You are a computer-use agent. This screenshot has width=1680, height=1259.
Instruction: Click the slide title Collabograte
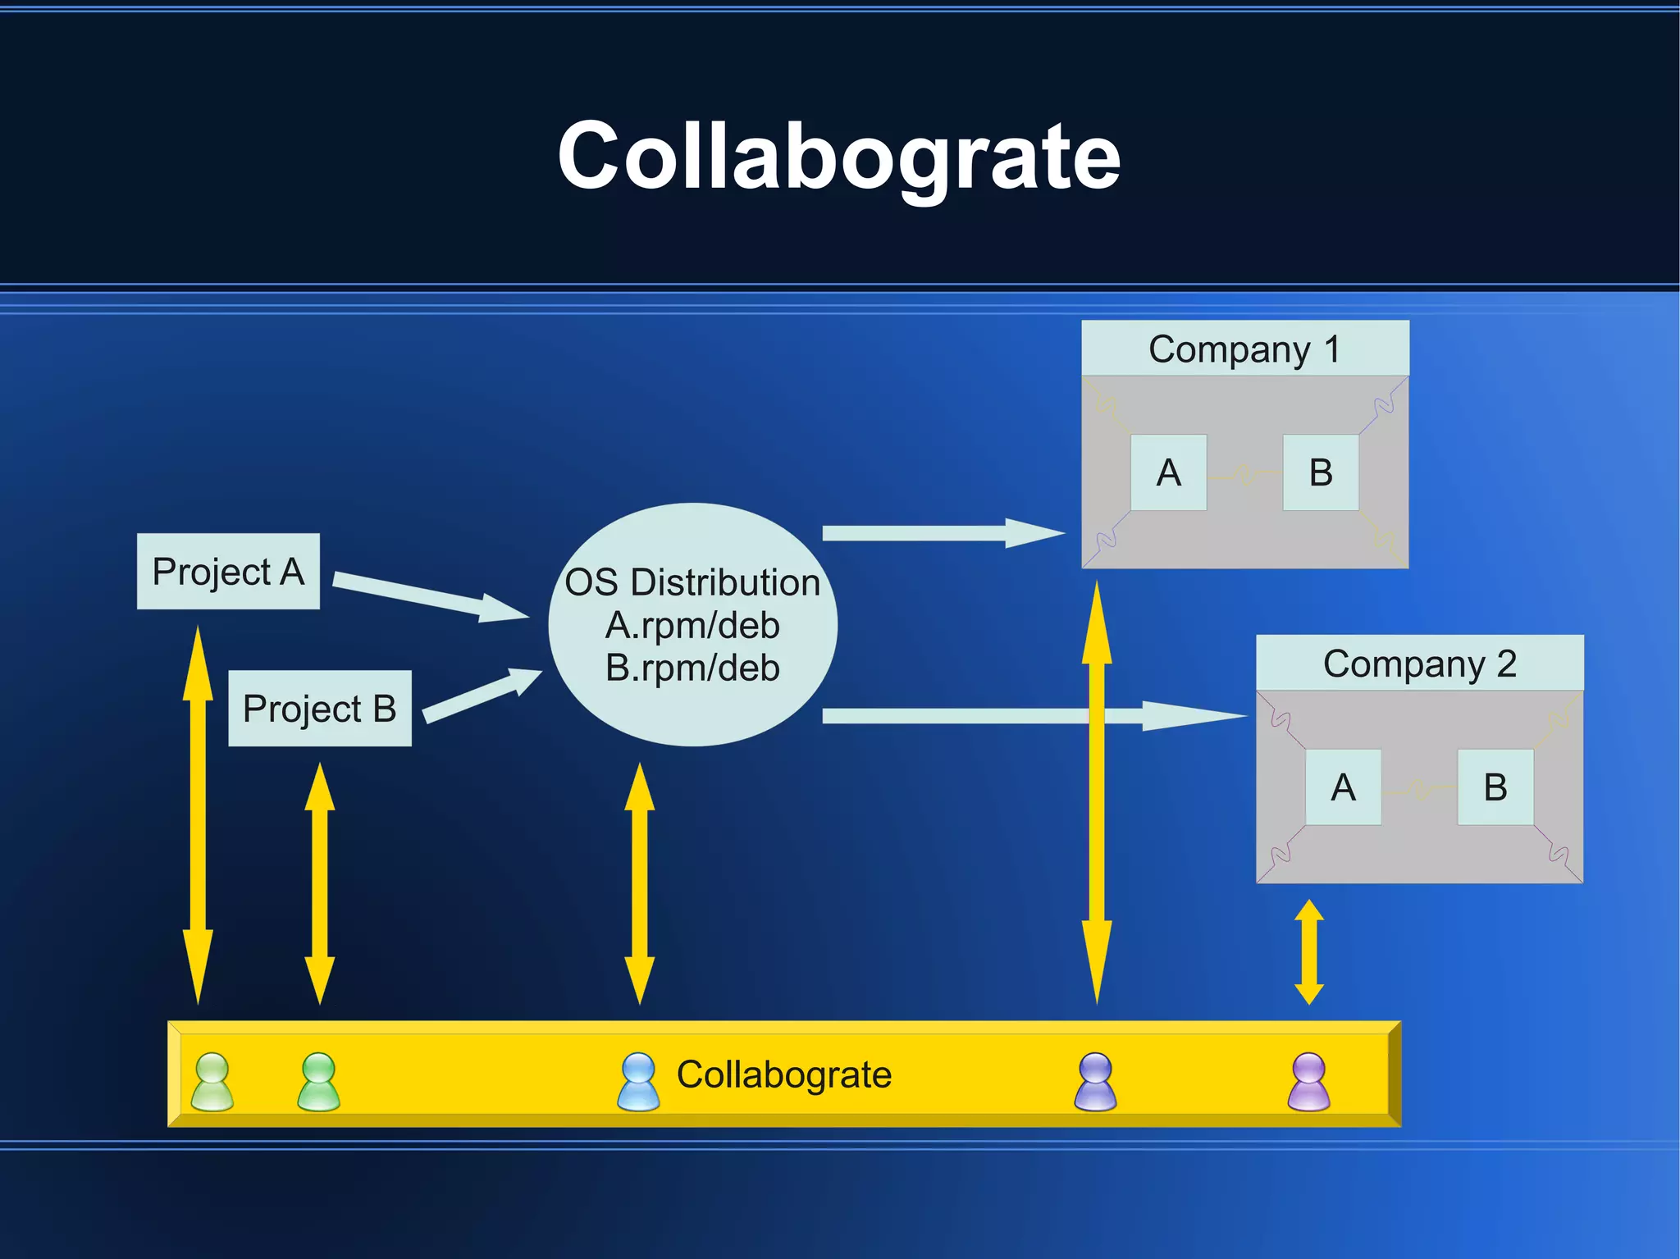(x=838, y=156)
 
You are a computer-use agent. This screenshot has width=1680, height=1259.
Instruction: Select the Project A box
(x=228, y=572)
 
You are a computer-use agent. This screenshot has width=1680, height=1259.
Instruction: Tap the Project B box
(x=319, y=709)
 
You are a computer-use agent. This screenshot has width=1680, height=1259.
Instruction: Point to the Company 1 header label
(x=1244, y=349)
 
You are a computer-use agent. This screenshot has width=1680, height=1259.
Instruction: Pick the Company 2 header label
(x=1419, y=664)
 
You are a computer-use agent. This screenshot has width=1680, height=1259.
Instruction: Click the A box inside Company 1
(x=1168, y=472)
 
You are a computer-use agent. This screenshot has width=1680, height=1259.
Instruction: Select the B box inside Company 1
(x=1320, y=472)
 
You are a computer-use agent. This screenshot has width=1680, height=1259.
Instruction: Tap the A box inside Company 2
(x=1343, y=787)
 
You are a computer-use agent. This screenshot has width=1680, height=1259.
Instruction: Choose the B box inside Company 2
(x=1495, y=787)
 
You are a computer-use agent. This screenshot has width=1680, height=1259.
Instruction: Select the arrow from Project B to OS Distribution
(x=480, y=696)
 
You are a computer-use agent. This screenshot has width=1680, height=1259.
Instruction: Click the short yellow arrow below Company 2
(x=1309, y=951)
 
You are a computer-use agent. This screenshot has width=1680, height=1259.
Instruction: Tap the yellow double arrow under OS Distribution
(x=639, y=884)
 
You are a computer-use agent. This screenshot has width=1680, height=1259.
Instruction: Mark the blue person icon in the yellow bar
(x=638, y=1082)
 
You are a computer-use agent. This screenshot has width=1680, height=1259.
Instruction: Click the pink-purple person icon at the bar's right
(x=1308, y=1082)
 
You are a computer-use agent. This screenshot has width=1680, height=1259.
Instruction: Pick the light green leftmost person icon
(x=212, y=1082)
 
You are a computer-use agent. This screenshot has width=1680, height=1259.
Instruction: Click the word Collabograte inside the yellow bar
(x=783, y=1074)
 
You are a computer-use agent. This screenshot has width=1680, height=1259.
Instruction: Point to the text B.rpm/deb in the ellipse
(x=692, y=668)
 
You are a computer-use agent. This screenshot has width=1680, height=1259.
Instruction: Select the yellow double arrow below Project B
(x=319, y=884)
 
